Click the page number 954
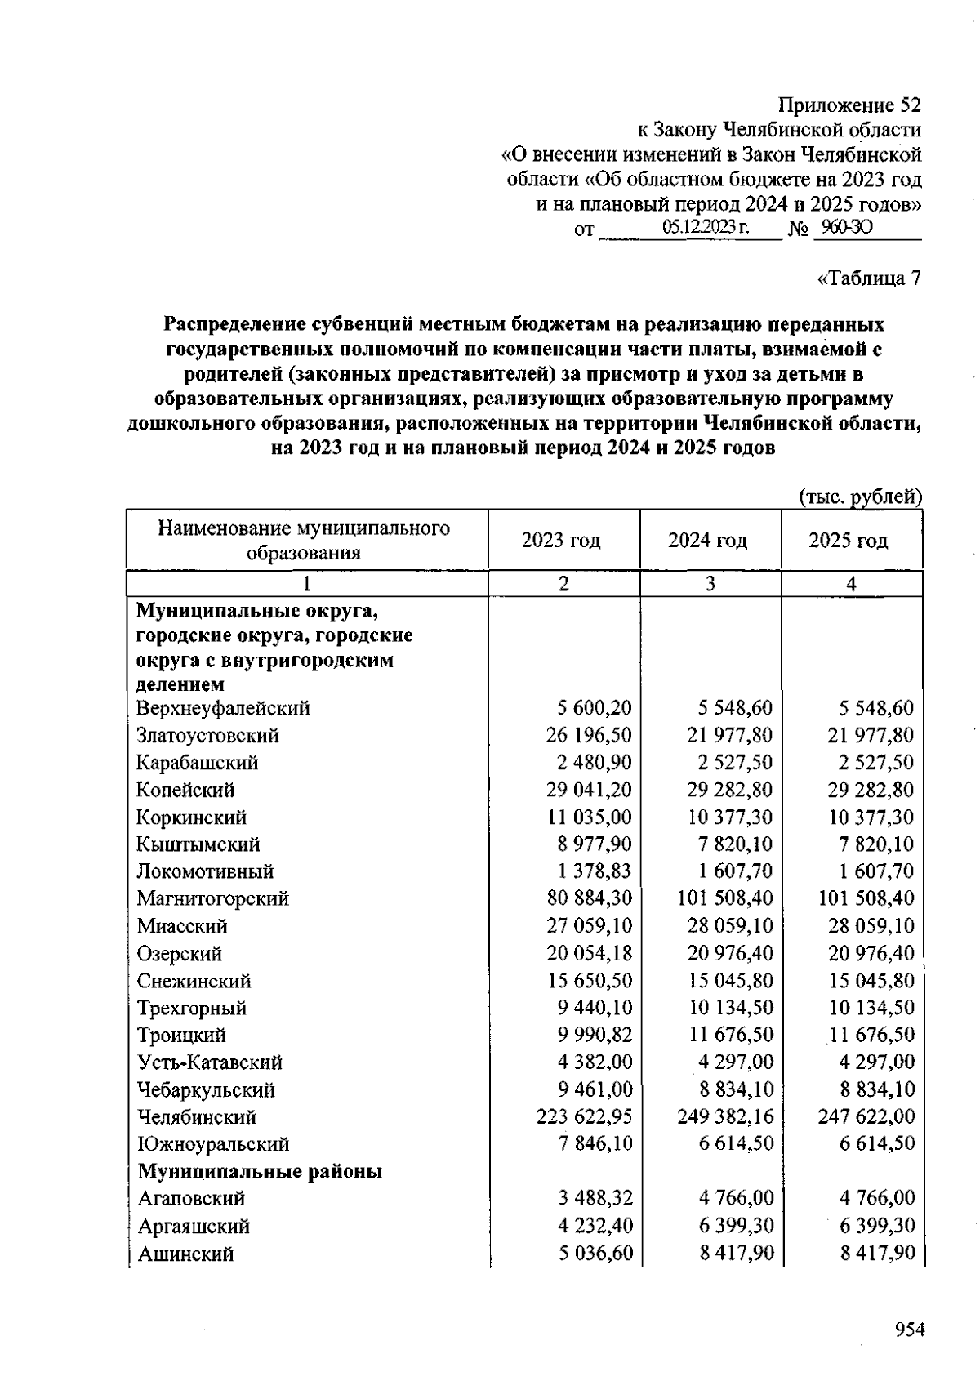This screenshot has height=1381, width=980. pyautogui.click(x=909, y=1330)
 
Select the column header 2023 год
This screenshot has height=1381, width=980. pyautogui.click(x=561, y=541)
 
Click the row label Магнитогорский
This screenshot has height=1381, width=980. pyautogui.click(x=212, y=899)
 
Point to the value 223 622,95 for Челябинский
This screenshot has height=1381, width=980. pyautogui.click(x=584, y=1116)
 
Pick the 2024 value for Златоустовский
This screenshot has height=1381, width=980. pyautogui.click(x=729, y=736)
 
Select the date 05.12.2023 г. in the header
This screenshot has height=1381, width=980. pyautogui.click(x=706, y=228)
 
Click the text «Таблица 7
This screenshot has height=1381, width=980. pyautogui.click(x=868, y=278)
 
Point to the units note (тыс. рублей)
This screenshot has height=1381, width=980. pyautogui.click(x=859, y=497)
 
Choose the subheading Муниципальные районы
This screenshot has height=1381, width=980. pyautogui.click(x=260, y=1172)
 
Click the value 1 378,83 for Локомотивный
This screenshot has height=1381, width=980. pyautogui.click(x=595, y=871)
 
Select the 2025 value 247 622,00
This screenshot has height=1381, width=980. pyautogui.click(x=866, y=1116)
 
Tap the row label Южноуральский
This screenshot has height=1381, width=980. pyautogui.click(x=213, y=1144)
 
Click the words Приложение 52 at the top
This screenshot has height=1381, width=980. pyautogui.click(x=849, y=105)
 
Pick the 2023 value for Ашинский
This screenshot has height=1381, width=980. pyautogui.click(x=595, y=1253)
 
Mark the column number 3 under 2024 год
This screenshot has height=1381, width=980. pyautogui.click(x=710, y=584)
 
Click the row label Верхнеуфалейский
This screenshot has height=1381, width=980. pyautogui.click(x=223, y=708)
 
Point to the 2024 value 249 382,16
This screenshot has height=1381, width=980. pyautogui.click(x=725, y=1116)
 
